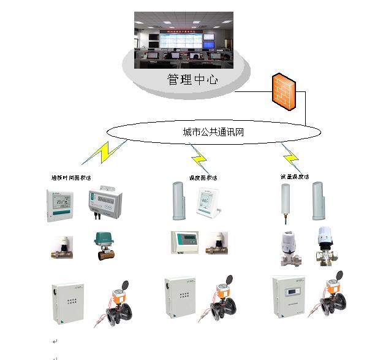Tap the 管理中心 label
tap(192, 80)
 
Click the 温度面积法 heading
tap(204, 178)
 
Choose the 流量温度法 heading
tap(294, 177)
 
